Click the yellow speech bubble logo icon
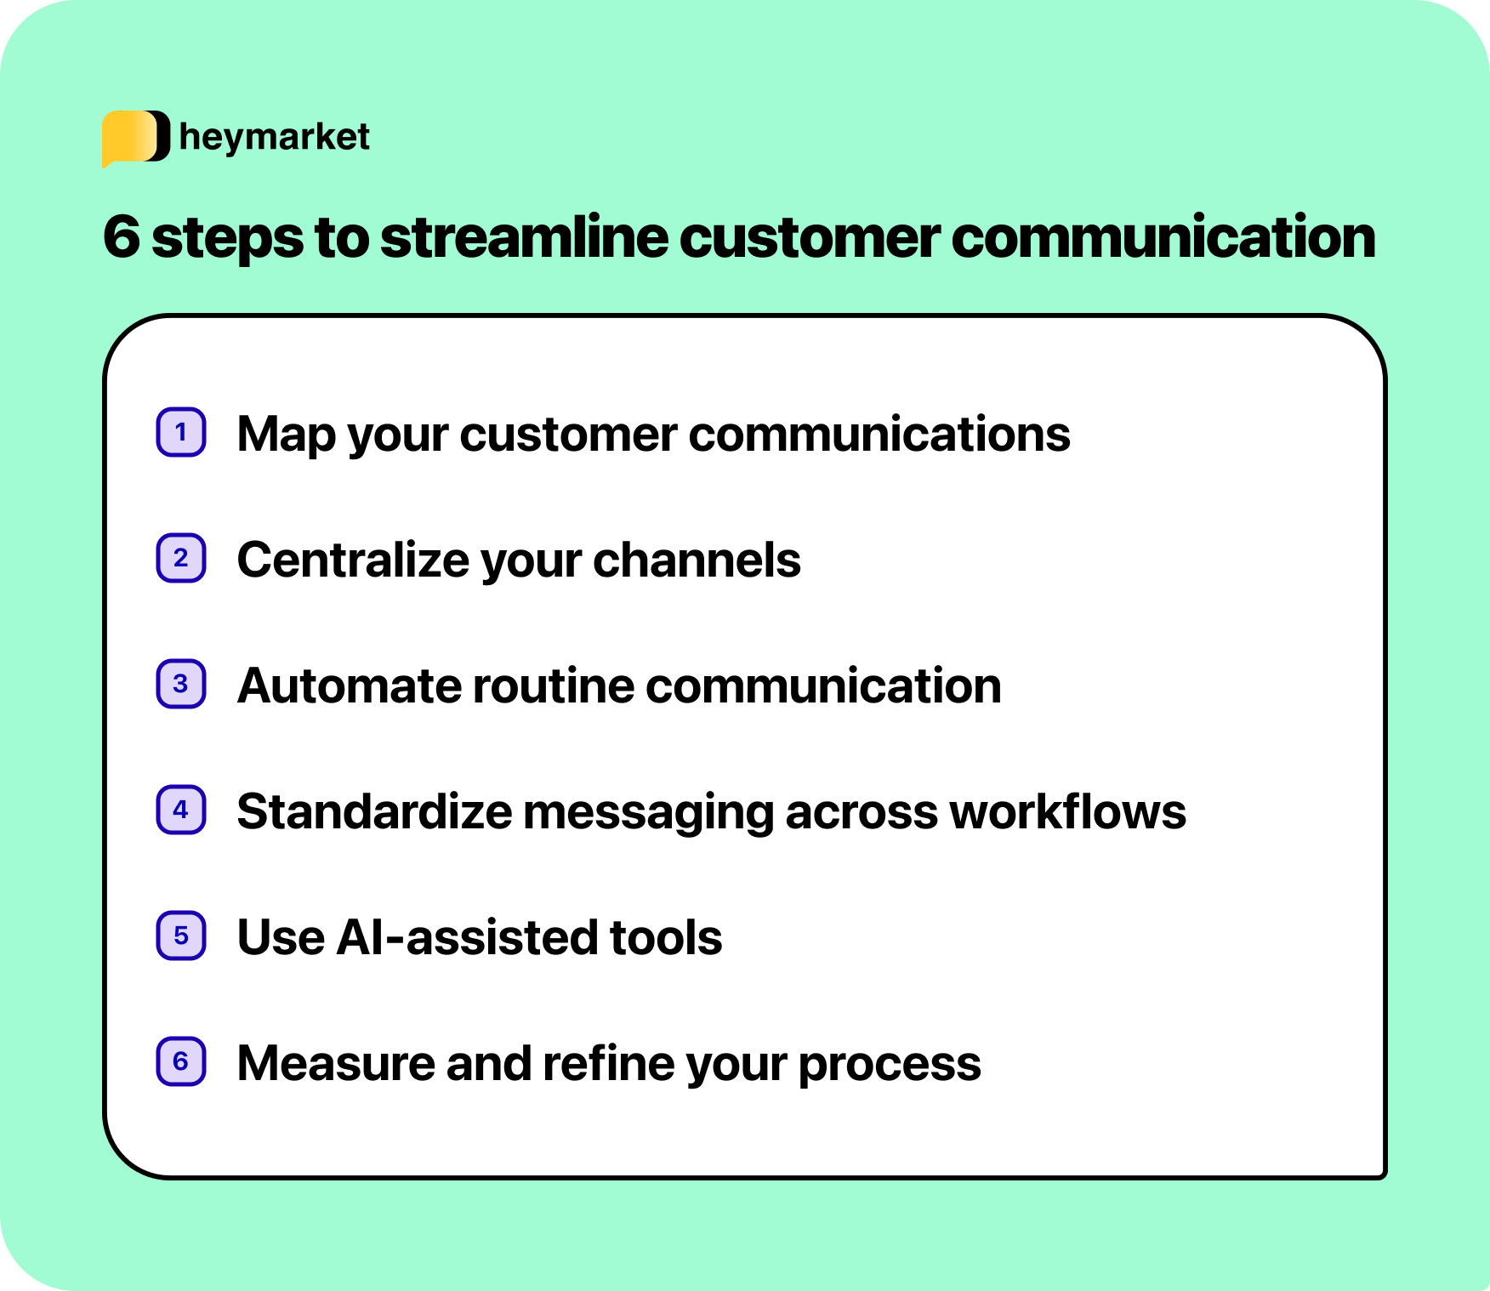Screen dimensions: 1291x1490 click(x=134, y=137)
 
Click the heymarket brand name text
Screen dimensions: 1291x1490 click(x=274, y=137)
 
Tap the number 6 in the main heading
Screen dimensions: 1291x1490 click(x=121, y=237)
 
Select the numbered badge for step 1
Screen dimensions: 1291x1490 click(x=181, y=433)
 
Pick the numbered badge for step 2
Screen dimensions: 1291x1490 click(x=181, y=559)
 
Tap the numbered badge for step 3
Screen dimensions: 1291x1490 click(x=181, y=685)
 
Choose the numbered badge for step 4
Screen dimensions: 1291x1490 click(x=181, y=810)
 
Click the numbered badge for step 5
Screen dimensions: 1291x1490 click(x=181, y=936)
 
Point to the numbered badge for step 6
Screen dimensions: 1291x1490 click(x=181, y=1062)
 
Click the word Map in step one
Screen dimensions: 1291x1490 click(x=287, y=435)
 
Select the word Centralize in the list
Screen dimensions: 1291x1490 click(x=352, y=560)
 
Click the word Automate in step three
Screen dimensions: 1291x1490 click(x=350, y=686)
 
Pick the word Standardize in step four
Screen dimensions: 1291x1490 click(x=374, y=812)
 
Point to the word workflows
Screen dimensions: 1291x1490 click(x=1067, y=812)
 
